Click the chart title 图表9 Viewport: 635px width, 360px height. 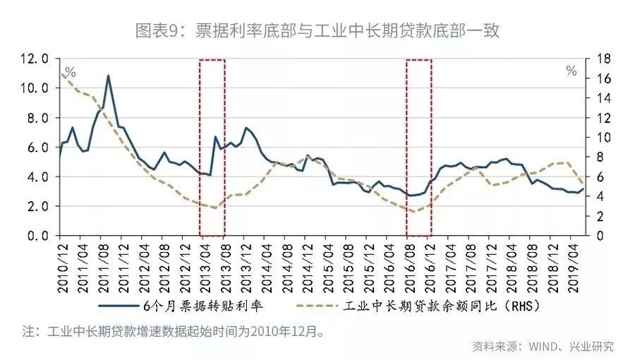tap(317, 30)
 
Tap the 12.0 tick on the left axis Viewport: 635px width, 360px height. tap(35, 59)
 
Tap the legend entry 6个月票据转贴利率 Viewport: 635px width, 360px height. tap(205, 307)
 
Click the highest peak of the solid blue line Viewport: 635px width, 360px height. tap(108, 76)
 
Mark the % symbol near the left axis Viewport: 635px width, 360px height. tap(70, 72)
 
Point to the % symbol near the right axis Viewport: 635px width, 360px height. tap(571, 71)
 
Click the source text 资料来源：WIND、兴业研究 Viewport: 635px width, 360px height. tap(543, 346)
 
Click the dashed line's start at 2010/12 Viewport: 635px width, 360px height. tap(61, 73)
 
